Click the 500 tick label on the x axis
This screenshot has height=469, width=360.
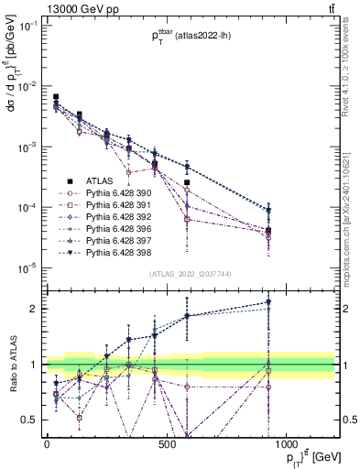click(166, 443)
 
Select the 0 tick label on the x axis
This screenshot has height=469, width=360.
click(47, 443)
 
